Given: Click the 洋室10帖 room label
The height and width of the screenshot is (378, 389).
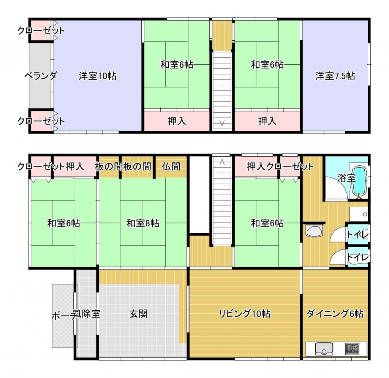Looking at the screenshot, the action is point(98,76).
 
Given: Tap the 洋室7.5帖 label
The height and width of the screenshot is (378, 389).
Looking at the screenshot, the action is point(335,76).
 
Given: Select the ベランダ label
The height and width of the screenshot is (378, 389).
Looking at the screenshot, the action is point(41,75).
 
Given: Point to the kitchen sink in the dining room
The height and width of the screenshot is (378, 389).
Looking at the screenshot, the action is point(324,349).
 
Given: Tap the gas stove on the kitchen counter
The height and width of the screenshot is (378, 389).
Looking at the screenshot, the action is point(352,348).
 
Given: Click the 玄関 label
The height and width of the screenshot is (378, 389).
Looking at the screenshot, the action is point(138,314).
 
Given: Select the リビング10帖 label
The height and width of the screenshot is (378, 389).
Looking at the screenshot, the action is point(244,314).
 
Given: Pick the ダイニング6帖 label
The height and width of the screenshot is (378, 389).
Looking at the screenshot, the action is point(335,314).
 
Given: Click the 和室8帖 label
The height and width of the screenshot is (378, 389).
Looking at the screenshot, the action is point(143,223).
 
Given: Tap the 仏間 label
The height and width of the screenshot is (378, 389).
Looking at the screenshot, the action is point(171,167).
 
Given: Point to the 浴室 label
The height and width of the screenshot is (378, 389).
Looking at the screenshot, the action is point(346,178).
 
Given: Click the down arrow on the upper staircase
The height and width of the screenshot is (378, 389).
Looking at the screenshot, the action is point(222,123).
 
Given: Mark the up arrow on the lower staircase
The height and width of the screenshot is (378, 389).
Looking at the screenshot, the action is point(222,162).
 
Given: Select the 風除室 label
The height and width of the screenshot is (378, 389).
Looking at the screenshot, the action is point(87,314).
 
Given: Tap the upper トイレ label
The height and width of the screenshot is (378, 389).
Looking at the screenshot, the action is point(357,235).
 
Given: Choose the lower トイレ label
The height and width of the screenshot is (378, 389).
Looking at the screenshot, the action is point(357,257).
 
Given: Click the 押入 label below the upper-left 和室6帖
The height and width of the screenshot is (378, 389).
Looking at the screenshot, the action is point(177,121).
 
